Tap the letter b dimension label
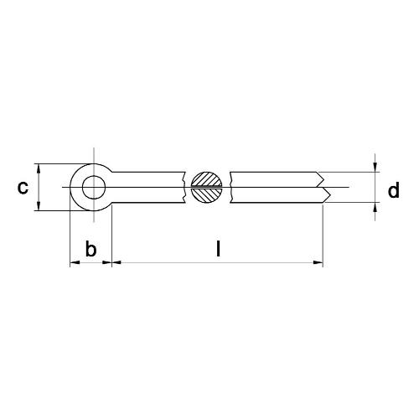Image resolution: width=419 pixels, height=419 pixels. pyautogui.click(x=91, y=249)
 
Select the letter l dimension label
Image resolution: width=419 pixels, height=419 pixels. pyautogui.click(x=218, y=249)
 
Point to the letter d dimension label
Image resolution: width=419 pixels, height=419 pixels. pyautogui.click(x=393, y=191)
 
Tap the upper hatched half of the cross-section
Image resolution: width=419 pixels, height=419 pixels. pyautogui.click(x=206, y=178)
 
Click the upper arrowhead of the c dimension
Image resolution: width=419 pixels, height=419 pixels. pyautogui.click(x=39, y=168)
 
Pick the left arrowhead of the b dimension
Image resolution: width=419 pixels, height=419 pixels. pyautogui.click(x=74, y=263)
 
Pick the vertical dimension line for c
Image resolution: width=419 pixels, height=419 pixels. pyautogui.click(x=39, y=187)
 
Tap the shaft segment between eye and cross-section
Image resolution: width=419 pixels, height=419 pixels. pyautogui.click(x=147, y=187)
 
